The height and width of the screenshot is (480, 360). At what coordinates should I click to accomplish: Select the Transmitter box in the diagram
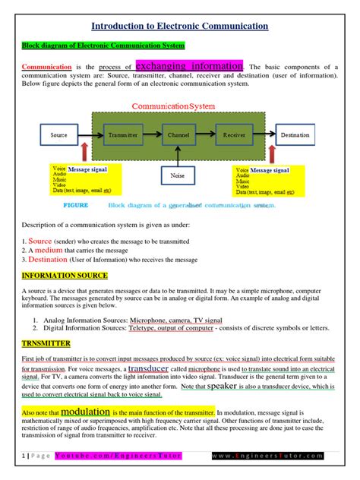[122, 134]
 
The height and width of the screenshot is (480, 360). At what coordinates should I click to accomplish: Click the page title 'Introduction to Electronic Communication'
[180, 26]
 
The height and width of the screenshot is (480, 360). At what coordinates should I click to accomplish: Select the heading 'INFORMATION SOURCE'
[65, 275]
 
